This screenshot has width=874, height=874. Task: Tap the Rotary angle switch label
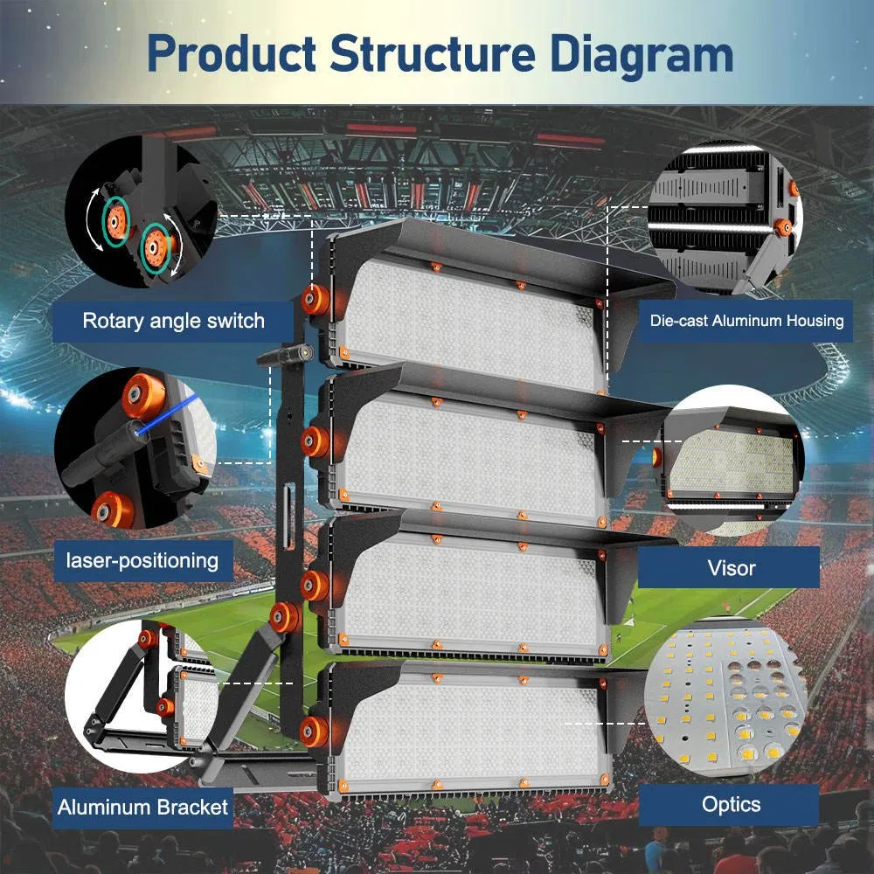173,321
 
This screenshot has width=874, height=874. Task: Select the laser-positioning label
142,558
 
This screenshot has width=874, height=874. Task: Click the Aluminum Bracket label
142,807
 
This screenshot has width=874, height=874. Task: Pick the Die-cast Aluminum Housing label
746,321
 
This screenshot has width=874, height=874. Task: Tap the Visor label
731,568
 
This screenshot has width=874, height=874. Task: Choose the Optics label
731,804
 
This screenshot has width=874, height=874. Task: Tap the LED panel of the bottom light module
472,730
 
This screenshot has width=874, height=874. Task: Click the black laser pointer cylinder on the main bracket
285,353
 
